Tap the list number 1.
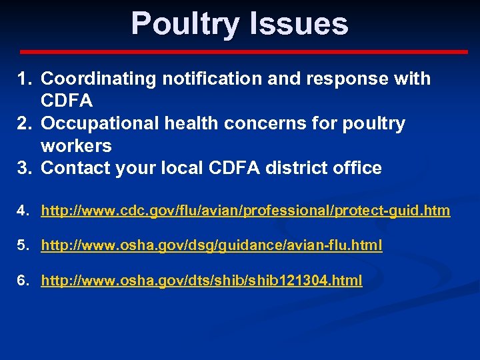click(x=23, y=79)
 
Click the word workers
click(x=76, y=145)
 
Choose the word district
click(x=297, y=168)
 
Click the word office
click(x=357, y=168)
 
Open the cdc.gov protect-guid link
click(x=245, y=211)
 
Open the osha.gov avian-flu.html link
click(x=211, y=246)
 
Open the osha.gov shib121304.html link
click(x=201, y=281)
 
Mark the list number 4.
click(x=23, y=211)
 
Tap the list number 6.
click(x=23, y=281)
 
